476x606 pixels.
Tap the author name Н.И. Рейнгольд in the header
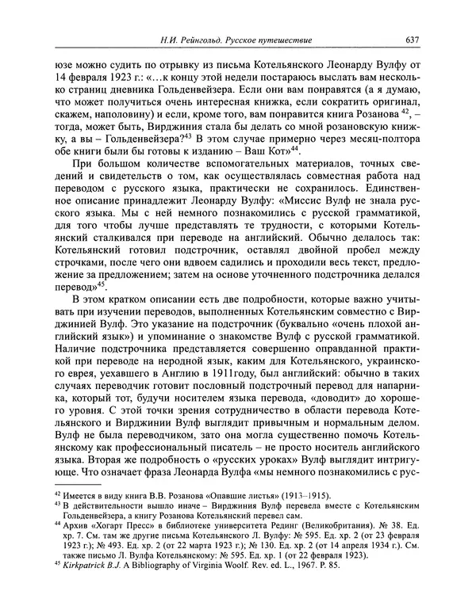[184, 40]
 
